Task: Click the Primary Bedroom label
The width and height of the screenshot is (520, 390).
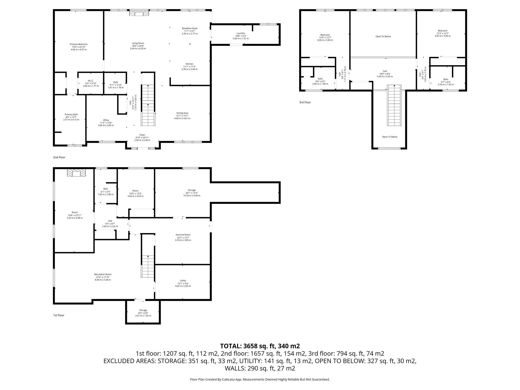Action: point(79,44)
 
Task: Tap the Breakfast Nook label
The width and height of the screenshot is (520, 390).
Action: point(189,28)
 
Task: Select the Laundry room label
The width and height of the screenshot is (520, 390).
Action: point(241,33)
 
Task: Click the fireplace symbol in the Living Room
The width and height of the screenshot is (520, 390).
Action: point(139,13)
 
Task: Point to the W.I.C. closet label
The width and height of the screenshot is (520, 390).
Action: point(91,81)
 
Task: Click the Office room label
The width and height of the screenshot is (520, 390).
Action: point(106,120)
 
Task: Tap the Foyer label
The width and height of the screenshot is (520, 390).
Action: point(142,135)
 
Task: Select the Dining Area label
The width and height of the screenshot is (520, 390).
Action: point(182,113)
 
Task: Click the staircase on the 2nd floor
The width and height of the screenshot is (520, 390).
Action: point(148,105)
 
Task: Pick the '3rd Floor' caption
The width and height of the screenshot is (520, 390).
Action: point(305,102)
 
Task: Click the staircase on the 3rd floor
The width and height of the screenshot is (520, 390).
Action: point(394,105)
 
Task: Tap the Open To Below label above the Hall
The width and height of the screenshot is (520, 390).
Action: point(383,37)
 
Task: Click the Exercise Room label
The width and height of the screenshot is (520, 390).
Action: point(183,235)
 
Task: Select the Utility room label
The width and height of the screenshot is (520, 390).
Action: point(183,281)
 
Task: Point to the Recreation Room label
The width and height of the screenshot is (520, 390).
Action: point(103,274)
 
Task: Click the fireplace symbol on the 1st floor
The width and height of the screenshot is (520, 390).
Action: point(76,173)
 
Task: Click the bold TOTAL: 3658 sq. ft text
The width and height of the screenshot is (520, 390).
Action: point(260,346)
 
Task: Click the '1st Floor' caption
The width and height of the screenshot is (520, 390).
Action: point(59,315)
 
